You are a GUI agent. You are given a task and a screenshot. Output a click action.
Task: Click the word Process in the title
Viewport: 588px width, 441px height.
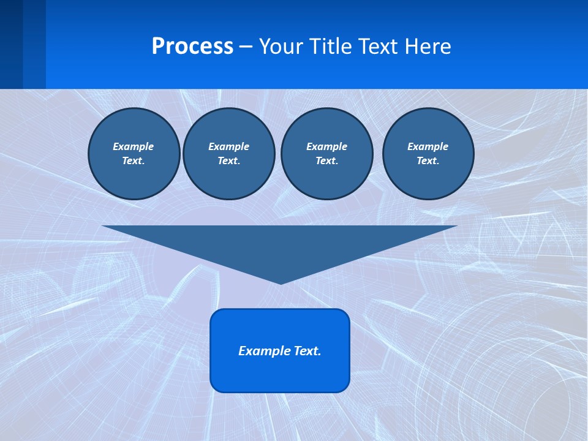(x=192, y=47)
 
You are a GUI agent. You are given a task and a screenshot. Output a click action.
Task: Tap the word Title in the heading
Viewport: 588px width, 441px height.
(x=330, y=47)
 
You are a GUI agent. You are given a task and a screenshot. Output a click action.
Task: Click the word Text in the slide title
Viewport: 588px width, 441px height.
(x=376, y=47)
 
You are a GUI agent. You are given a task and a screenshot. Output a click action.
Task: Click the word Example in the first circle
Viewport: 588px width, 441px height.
(x=134, y=146)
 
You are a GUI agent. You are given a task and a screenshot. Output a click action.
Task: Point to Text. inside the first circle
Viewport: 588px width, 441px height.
(x=134, y=160)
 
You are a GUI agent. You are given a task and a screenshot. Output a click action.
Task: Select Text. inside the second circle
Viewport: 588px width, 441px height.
(x=229, y=160)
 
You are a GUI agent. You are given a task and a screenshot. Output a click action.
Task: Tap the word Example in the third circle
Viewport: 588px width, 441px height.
(x=327, y=146)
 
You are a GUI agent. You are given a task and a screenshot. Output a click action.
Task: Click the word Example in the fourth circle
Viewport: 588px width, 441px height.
(x=428, y=146)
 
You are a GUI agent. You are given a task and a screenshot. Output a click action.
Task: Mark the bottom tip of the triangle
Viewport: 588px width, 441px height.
(x=281, y=282)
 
